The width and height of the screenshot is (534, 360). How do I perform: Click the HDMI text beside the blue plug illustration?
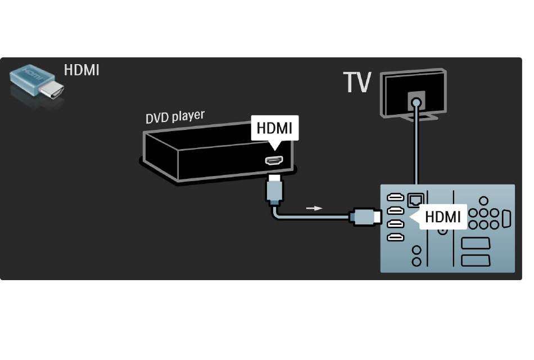[82, 70]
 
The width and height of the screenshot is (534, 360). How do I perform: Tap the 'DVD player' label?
[175, 116]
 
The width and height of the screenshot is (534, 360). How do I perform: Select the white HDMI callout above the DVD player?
[274, 129]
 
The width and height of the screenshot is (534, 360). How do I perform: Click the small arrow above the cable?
[315, 208]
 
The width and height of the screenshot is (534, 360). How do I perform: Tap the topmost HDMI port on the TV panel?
[396, 198]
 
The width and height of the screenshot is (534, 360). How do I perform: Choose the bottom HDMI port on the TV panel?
[396, 237]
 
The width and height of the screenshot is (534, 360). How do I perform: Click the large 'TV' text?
[357, 83]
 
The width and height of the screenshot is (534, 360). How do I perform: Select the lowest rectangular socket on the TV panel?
[476, 260]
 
